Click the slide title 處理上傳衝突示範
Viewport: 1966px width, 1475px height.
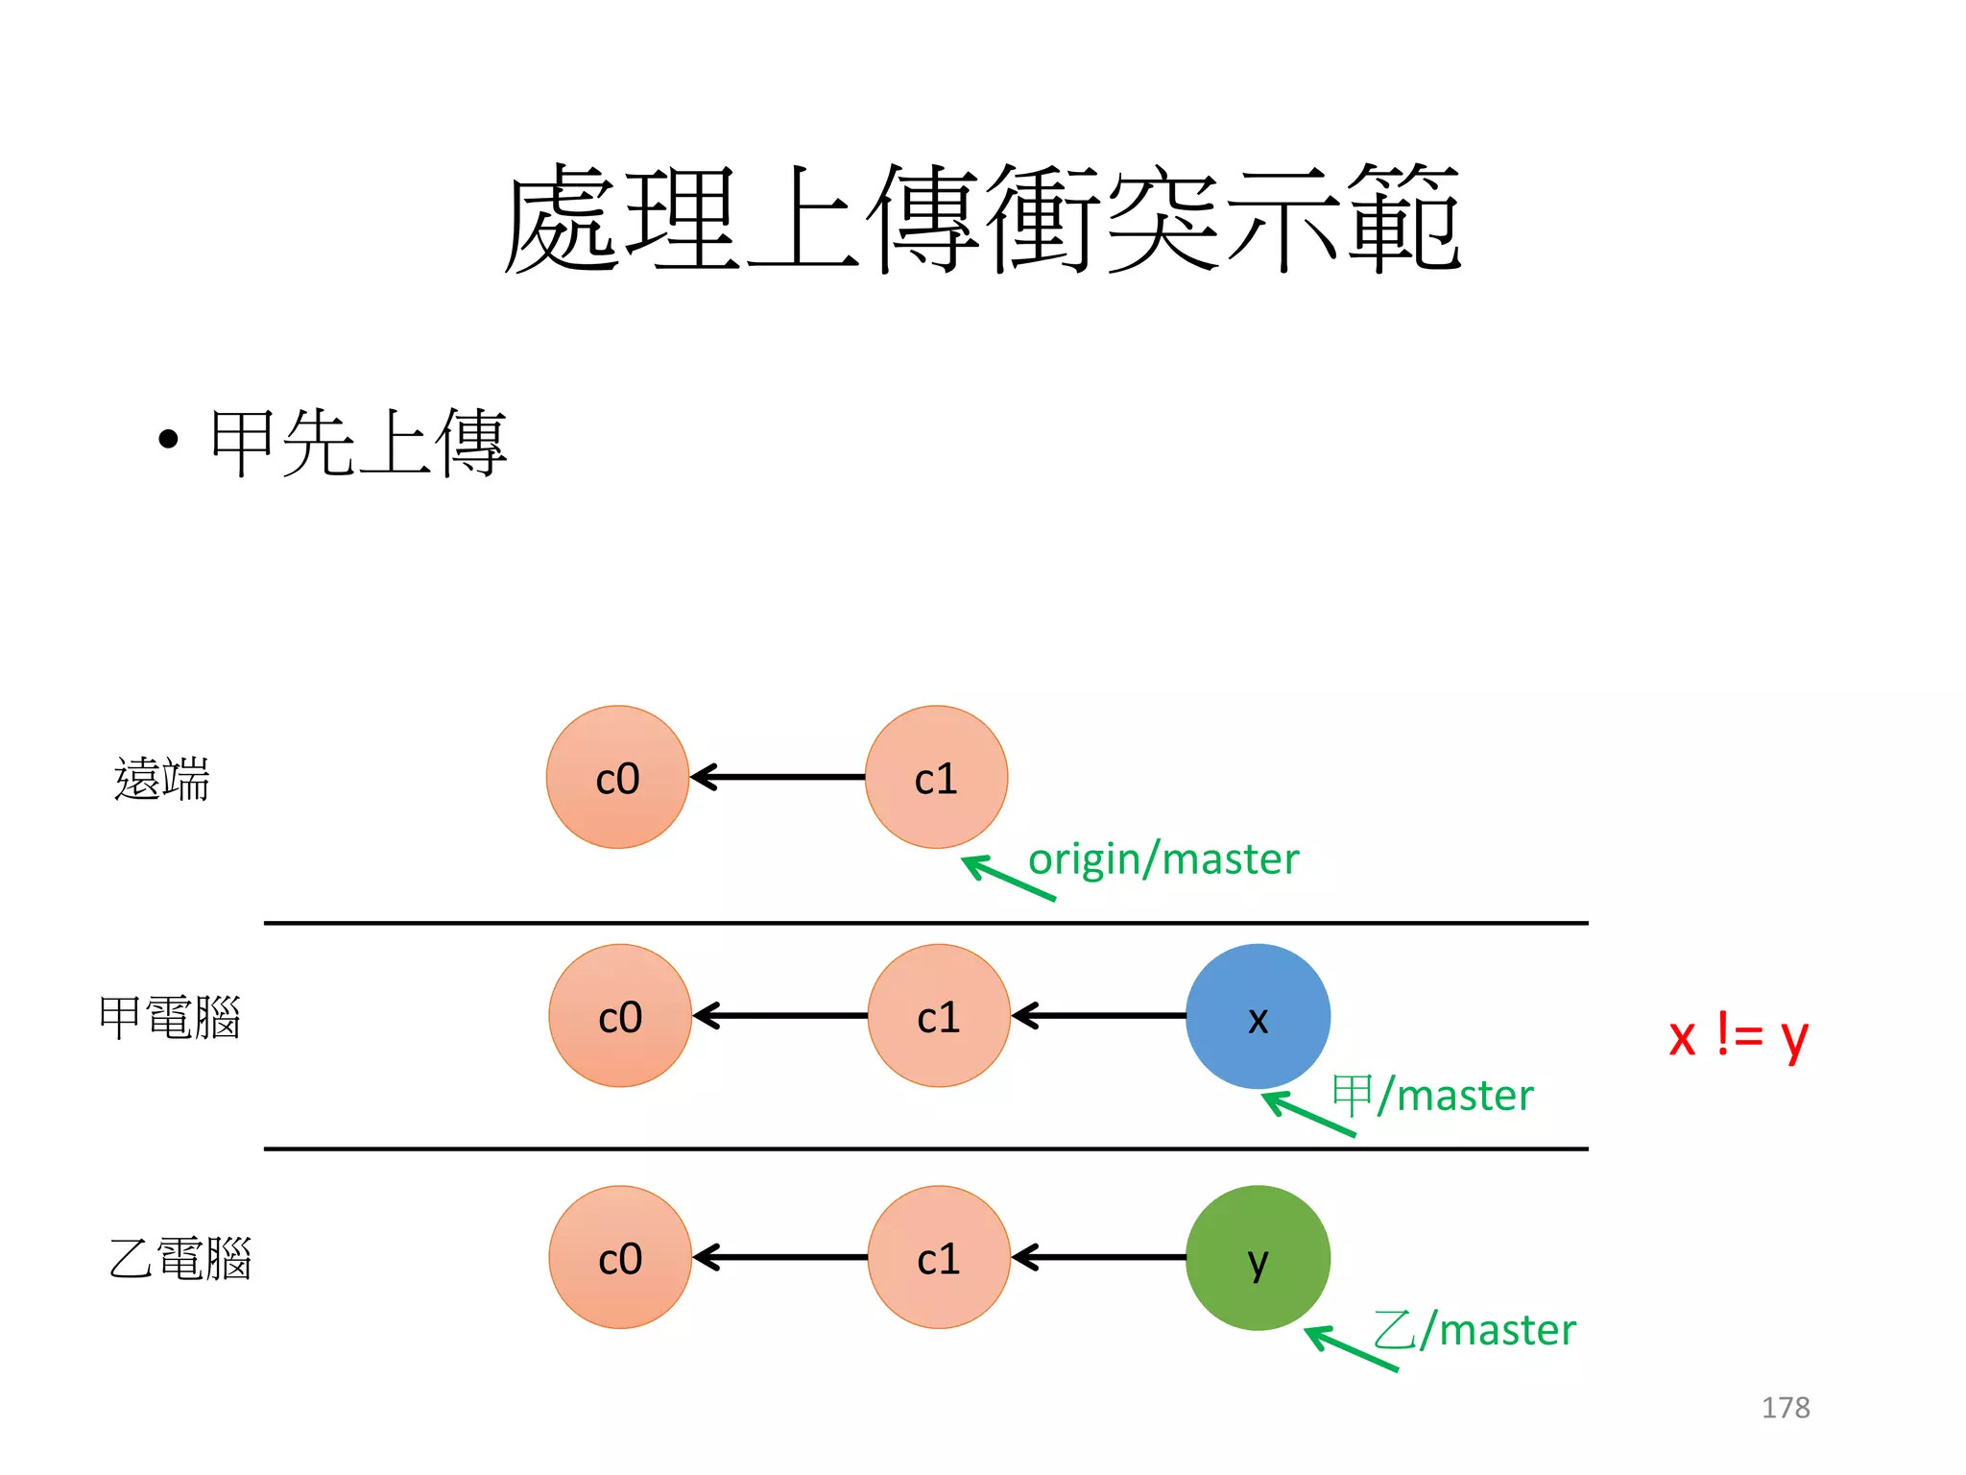[981, 218]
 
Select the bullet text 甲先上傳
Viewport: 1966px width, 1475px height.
[357, 443]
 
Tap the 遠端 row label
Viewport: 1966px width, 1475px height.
[161, 778]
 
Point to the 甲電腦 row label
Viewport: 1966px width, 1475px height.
[169, 1017]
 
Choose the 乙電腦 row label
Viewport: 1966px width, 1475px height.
[180, 1258]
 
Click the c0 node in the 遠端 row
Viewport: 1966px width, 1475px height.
[617, 777]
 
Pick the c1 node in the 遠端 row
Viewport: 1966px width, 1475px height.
[936, 777]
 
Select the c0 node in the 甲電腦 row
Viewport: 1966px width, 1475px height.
[620, 1016]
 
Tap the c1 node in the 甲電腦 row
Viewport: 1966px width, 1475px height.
[939, 1016]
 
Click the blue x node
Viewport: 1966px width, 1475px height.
[1258, 1016]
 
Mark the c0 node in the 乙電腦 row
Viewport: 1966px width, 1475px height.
[620, 1257]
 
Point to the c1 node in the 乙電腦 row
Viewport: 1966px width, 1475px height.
[939, 1257]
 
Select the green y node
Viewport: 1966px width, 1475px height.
[1258, 1257]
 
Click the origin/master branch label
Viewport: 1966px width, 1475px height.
[1163, 858]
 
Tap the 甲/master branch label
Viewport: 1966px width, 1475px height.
[1432, 1095]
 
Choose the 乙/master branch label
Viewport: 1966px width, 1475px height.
[1474, 1330]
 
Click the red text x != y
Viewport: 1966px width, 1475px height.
[1738, 1036]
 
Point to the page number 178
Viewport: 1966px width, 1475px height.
[1786, 1407]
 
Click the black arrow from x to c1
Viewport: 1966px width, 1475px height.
[1099, 1016]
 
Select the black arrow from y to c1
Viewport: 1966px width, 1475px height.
[1099, 1257]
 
